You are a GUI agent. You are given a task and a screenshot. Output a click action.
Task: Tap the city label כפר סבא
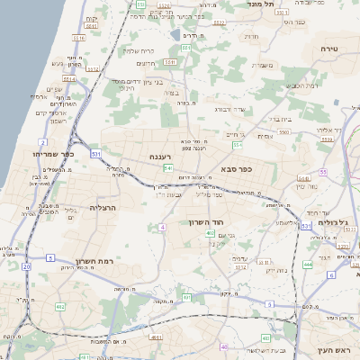point(237,168)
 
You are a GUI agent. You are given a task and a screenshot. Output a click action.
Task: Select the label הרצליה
point(105,207)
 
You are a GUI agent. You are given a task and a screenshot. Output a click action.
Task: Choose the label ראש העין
point(330,349)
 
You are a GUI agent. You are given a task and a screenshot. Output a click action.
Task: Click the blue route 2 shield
point(42,142)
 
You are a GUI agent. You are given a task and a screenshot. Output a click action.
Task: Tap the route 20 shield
point(27,267)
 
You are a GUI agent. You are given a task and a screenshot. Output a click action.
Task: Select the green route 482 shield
point(60,306)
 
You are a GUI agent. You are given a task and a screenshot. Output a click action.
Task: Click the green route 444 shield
point(306,265)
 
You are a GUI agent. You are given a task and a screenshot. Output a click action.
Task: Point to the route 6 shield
point(330,274)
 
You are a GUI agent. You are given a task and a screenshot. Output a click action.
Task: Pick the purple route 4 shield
point(162,228)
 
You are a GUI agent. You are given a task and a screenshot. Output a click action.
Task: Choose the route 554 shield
point(237,144)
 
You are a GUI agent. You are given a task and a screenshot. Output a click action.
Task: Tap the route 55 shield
point(322,171)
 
